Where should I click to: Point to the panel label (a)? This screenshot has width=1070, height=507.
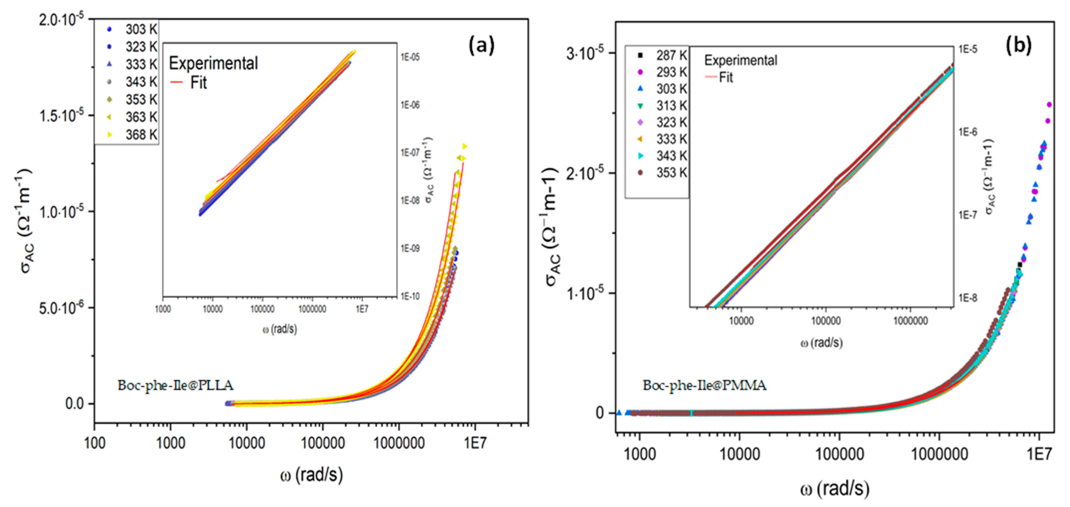[481, 45]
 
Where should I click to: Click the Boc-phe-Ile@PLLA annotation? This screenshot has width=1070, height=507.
[175, 385]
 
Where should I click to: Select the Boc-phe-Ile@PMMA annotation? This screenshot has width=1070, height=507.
[704, 385]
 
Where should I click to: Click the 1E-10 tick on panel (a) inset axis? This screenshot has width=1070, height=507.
[410, 296]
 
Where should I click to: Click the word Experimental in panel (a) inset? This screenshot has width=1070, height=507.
[213, 63]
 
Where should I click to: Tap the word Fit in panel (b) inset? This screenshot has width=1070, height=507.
[726, 77]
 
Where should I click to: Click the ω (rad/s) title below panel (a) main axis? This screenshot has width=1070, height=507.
[311, 475]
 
